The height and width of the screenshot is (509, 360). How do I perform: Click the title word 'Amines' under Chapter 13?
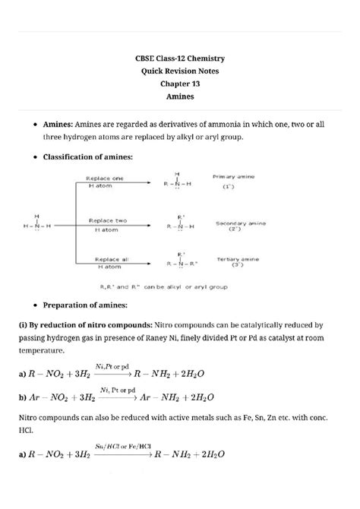tap(180, 97)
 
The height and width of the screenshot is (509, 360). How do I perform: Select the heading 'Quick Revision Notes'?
tap(180, 71)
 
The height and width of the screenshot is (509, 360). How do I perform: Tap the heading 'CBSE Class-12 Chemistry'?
tap(180, 58)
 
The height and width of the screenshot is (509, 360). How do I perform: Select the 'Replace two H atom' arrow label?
tap(107, 225)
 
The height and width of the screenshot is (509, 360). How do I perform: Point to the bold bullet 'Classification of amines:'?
tap(88, 156)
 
